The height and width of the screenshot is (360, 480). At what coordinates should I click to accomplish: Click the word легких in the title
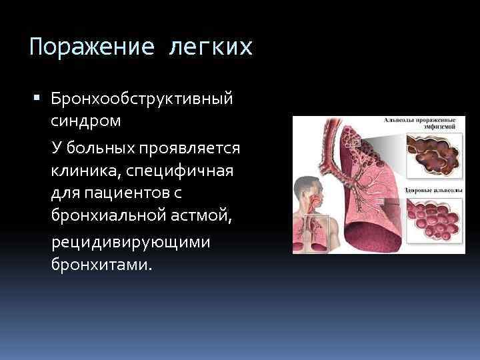[213, 47]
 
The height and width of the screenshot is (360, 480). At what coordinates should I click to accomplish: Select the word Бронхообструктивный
[142, 99]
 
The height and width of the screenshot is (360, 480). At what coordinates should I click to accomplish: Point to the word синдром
[85, 122]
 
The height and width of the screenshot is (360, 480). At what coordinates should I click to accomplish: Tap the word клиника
[83, 170]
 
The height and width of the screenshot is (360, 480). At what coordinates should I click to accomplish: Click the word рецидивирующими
[131, 241]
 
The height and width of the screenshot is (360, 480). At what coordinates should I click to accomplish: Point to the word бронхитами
[101, 265]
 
